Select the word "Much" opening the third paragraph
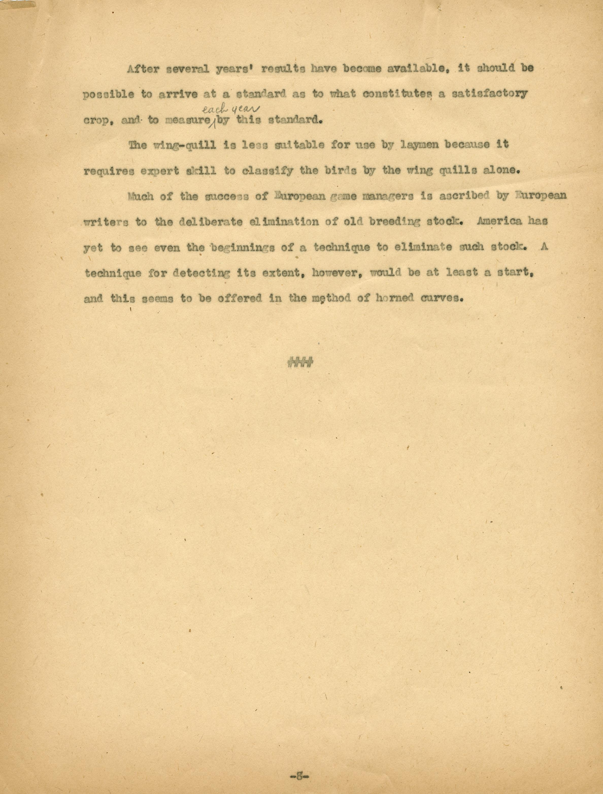coord(141,197)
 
